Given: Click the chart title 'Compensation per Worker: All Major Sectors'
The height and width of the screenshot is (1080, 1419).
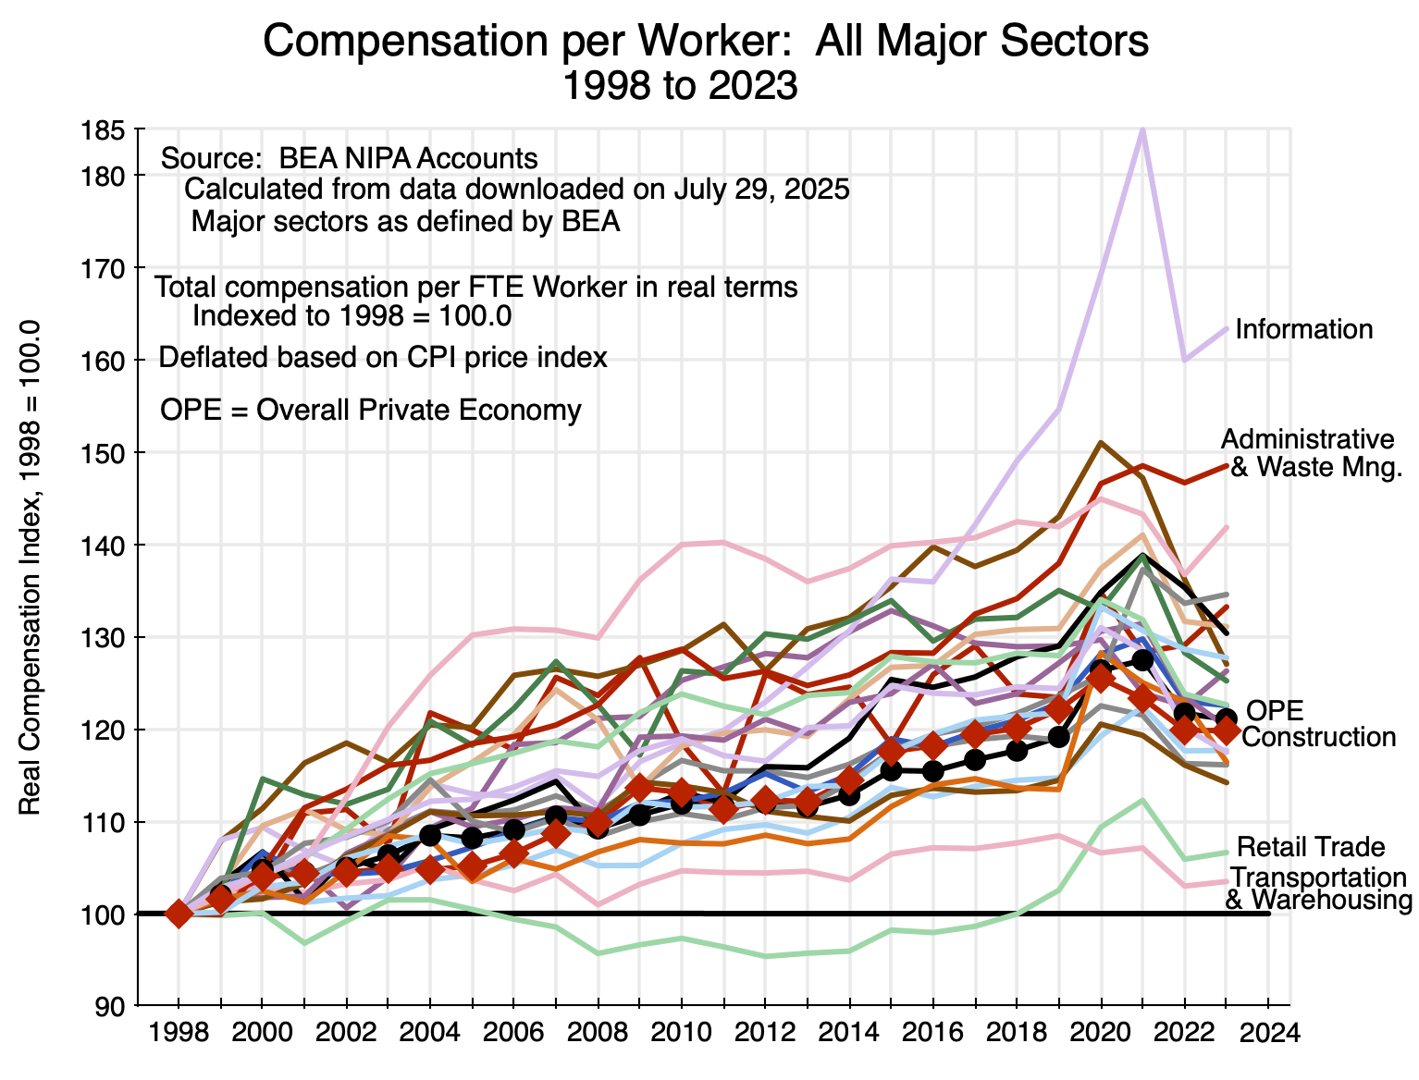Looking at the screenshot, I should coord(706,42).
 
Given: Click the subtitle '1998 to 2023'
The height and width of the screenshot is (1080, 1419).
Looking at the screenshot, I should coord(680,85).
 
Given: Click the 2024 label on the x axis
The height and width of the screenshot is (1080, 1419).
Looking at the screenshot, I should coord(1266,1032).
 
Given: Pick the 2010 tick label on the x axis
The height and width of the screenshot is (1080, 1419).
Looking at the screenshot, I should coord(682,1032).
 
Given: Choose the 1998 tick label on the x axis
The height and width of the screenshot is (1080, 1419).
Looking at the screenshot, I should coord(179,1032).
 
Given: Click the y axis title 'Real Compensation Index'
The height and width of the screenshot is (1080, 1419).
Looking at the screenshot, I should coord(31,568).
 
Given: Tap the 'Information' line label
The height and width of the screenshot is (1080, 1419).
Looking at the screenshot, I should coord(1303,329).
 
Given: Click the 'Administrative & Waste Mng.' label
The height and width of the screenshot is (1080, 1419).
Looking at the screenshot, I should coord(1312,453).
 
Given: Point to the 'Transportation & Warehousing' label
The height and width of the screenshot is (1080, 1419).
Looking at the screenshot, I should coord(1318,889).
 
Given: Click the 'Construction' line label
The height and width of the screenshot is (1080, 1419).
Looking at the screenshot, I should coord(1318,737).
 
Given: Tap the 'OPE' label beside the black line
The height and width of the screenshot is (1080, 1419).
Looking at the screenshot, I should coord(1275,710).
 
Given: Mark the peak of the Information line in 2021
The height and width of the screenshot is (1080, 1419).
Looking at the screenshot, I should coord(1142,130).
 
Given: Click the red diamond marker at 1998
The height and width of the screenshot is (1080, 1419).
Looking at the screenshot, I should coord(179,914).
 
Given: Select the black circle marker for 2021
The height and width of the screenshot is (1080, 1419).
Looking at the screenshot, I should coord(1142,660).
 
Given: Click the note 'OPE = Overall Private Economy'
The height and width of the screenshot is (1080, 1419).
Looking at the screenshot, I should coord(370,411).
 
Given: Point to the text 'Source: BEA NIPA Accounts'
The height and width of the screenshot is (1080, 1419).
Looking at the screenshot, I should coord(349,158).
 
